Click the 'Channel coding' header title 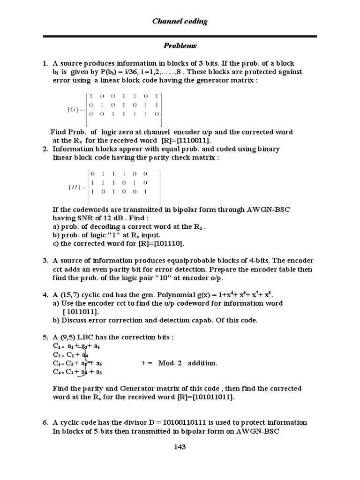[180, 21]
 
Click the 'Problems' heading [180, 46]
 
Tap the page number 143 [180, 447]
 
